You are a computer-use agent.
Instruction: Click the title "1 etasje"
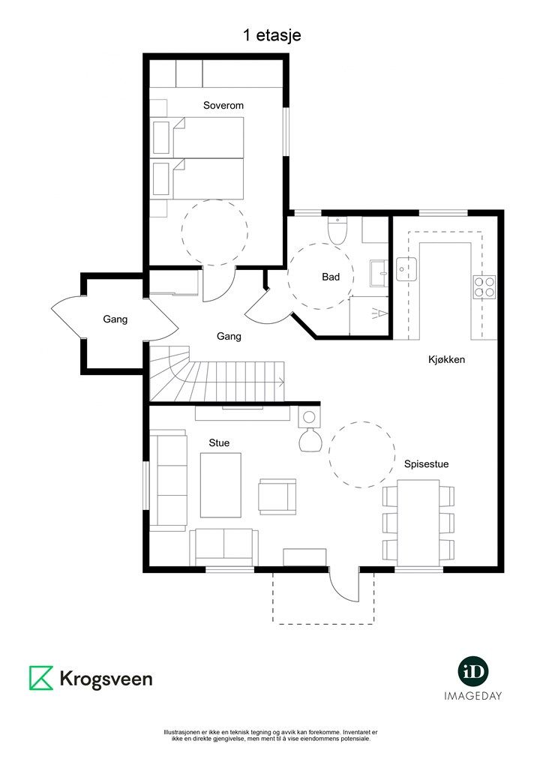tap(271, 36)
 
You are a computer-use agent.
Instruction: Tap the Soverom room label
tap(223, 105)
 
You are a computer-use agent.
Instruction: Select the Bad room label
tap(331, 277)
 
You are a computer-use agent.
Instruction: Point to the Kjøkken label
tap(446, 359)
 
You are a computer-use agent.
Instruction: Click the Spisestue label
tap(427, 464)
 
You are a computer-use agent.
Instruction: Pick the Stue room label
tap(219, 442)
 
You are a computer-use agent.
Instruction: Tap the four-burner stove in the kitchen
tap(484, 287)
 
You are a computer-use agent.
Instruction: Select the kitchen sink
tap(406, 269)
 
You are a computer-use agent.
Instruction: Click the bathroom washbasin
tap(379, 273)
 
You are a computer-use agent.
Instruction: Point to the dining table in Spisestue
tap(418, 523)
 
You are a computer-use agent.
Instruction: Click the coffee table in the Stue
tap(220, 485)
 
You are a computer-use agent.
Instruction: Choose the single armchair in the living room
tap(277, 496)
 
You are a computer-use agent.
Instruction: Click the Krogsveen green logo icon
tap(41, 678)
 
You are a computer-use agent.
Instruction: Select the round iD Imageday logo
tap(473, 671)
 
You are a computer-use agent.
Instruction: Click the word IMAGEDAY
tap(473, 695)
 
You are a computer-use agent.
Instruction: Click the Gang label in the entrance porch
tap(115, 319)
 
